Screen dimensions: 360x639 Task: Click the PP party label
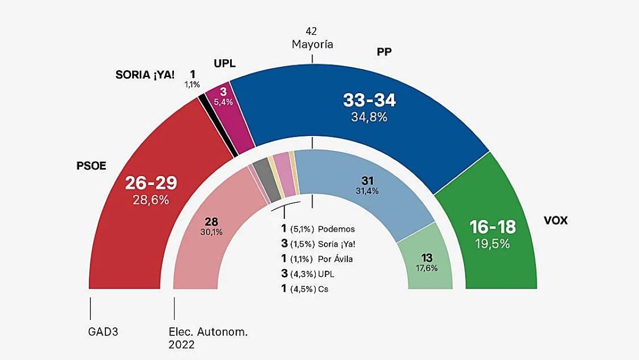pos(384,51)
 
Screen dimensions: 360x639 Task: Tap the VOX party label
pos(555,220)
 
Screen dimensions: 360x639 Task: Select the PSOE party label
pos(92,166)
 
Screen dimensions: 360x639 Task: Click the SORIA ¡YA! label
pos(145,75)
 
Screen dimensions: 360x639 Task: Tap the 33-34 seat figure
pos(369,100)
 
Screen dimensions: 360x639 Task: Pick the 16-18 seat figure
pos(492,227)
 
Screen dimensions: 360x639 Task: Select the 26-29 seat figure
pos(151,183)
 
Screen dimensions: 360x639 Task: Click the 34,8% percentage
pos(369,117)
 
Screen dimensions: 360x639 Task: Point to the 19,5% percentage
pos(492,244)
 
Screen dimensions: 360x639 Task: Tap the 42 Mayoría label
pos(312,39)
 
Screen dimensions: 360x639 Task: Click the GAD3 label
pos(103,332)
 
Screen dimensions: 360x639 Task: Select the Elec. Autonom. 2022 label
pos(208,338)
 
